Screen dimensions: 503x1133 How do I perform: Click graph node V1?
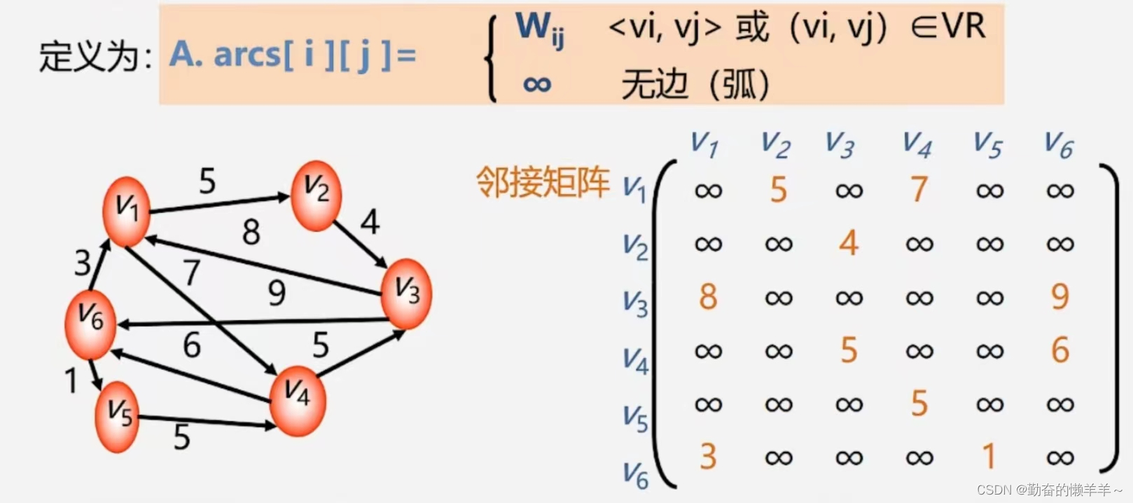pyautogui.click(x=126, y=211)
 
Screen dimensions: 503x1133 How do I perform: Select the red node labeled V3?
pyautogui.click(x=406, y=293)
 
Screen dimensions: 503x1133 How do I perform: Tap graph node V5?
pyautogui.click(x=118, y=416)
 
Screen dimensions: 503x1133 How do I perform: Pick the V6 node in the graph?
pyautogui.click(x=90, y=323)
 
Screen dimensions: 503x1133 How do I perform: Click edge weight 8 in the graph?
pyautogui.click(x=251, y=232)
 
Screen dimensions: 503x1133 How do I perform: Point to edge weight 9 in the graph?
pyautogui.click(x=277, y=293)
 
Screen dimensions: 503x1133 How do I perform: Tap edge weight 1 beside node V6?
pyautogui.click(x=70, y=381)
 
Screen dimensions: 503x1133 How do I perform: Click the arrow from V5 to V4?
pyautogui.click(x=207, y=421)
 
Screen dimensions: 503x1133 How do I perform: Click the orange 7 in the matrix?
pyautogui.click(x=919, y=189)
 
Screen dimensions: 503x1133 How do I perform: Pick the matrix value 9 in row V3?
pyautogui.click(x=1059, y=297)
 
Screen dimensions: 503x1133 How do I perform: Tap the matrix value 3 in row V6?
pyautogui.click(x=707, y=457)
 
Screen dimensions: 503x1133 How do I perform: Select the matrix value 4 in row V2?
pyautogui.click(x=849, y=243)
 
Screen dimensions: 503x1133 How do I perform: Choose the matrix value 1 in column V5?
pyautogui.click(x=989, y=457)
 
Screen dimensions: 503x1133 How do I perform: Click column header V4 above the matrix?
pyautogui.click(x=917, y=144)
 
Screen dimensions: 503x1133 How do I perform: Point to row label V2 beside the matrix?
pyautogui.click(x=635, y=247)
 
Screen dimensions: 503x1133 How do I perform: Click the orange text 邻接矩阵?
pyautogui.click(x=543, y=183)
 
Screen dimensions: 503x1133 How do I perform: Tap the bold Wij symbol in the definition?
pyautogui.click(x=539, y=29)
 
